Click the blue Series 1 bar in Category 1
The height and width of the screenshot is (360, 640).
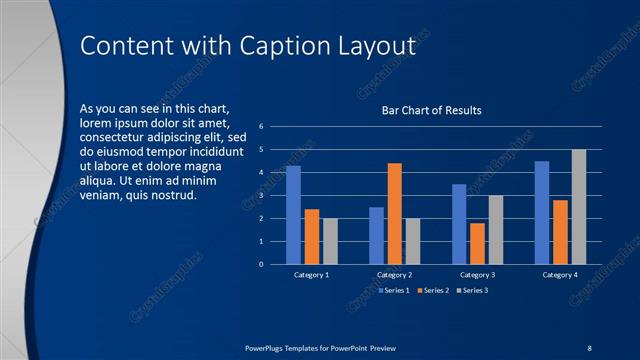coord(293,215)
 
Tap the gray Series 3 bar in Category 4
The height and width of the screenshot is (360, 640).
coord(579,207)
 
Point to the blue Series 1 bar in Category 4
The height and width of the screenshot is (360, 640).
coord(542,212)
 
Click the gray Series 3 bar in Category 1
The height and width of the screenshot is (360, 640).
coord(330,241)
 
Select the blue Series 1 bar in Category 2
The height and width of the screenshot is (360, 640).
coord(376,235)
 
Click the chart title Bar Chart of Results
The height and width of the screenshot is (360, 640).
coord(432,110)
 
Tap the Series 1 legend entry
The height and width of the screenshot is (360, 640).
coord(393,290)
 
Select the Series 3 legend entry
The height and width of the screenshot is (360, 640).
coord(473,290)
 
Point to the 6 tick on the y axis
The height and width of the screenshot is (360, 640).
coord(260,127)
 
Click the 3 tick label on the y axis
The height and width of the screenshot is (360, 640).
coord(260,196)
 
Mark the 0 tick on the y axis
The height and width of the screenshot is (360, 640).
coord(260,265)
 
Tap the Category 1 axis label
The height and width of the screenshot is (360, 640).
coord(312,274)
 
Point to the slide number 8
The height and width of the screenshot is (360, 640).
coord(589,347)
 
